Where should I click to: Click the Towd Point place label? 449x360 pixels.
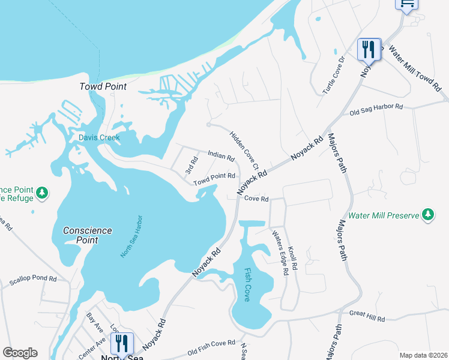(103, 86)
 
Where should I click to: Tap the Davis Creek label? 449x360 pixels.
(100, 137)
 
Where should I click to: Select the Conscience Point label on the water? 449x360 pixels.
(88, 235)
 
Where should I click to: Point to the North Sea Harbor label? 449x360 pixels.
(130, 236)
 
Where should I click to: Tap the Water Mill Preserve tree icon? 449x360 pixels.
(427, 214)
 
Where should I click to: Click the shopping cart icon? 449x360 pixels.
(406, 4)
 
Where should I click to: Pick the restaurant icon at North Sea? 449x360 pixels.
(122, 343)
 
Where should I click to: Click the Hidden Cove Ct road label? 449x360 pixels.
(244, 150)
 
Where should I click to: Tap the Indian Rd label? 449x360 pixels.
(221, 156)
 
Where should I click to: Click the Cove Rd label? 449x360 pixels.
(256, 199)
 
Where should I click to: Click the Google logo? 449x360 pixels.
(20, 353)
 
